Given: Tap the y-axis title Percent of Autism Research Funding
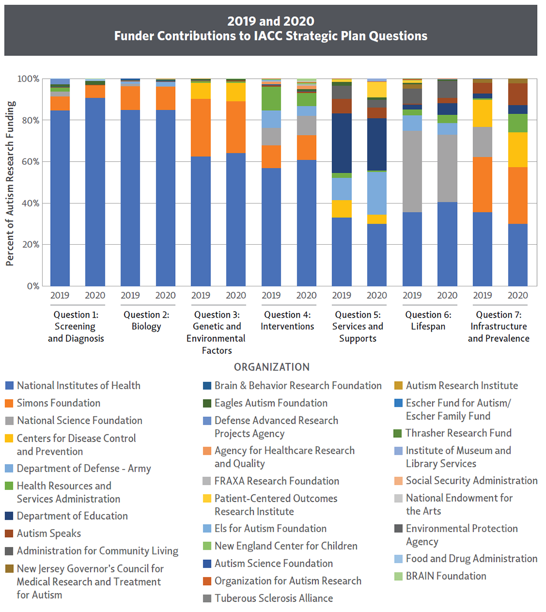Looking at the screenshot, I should click(x=10, y=184).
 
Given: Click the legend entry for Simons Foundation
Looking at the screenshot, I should click(x=58, y=403).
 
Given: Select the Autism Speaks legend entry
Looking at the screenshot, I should click(x=49, y=534).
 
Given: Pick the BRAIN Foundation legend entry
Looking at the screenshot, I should click(x=446, y=576).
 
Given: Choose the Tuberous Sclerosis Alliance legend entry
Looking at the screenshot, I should click(x=273, y=598).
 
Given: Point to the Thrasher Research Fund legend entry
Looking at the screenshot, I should click(x=458, y=433).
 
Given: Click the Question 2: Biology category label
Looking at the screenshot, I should click(x=146, y=321).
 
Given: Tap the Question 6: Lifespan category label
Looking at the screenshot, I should click(x=428, y=321).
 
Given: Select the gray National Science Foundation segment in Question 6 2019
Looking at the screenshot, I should click(x=412, y=171).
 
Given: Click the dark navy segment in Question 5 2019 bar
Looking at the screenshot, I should click(x=341, y=143).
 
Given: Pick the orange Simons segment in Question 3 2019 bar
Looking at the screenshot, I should click(x=201, y=128).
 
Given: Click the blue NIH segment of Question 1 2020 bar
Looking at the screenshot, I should click(x=95, y=192).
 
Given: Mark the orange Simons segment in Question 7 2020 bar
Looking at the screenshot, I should click(x=518, y=196).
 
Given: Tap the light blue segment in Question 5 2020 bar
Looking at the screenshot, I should click(x=377, y=193).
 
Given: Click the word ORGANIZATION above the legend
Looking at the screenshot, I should click(x=272, y=367).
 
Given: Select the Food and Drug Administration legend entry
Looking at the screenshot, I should click(x=472, y=559).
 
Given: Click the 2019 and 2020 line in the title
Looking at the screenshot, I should click(x=271, y=21).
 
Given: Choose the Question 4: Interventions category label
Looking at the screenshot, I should click(x=287, y=321).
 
